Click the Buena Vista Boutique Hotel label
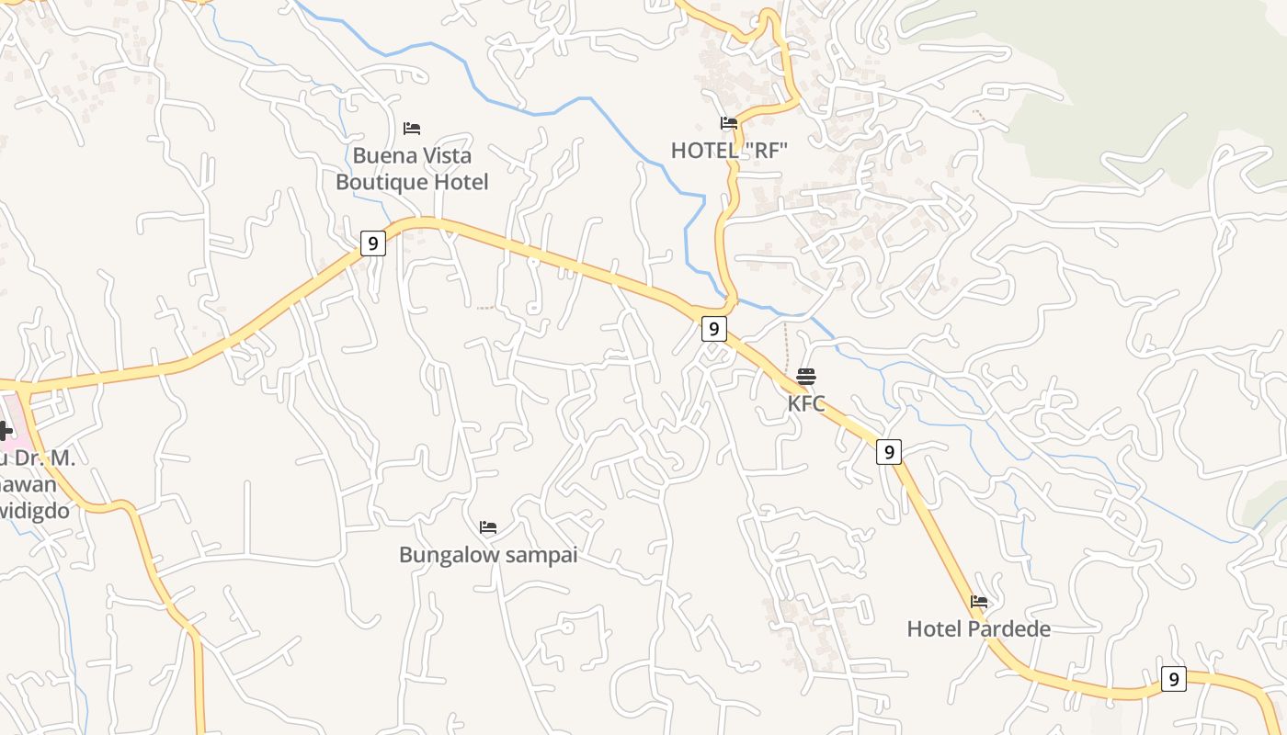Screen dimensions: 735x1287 pos(412,169)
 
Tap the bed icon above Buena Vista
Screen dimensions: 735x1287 pos(412,129)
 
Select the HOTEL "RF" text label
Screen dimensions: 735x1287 pos(729,151)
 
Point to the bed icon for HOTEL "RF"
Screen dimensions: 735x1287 pos(729,123)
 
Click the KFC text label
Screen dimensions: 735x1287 pos(806,403)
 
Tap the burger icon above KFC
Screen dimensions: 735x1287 pos(806,377)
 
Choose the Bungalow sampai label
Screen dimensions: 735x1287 pos(488,555)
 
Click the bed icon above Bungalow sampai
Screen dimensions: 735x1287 pos(488,527)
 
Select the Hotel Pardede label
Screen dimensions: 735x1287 pos(978,629)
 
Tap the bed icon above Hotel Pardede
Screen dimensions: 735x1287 pos(979,603)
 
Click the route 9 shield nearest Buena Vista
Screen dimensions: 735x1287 pos(372,243)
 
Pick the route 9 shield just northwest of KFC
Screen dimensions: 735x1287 pos(714,329)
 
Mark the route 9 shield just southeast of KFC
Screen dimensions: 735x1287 pos(888,452)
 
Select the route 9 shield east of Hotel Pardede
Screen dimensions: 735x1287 pos(1173,679)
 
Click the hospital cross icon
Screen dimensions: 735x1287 pos(5,430)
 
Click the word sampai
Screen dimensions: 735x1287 pos(537,555)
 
